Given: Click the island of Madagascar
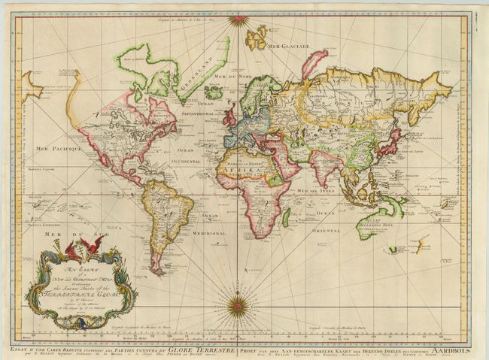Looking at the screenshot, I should [x=286, y=219].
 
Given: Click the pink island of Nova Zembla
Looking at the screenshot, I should [x=312, y=62].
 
